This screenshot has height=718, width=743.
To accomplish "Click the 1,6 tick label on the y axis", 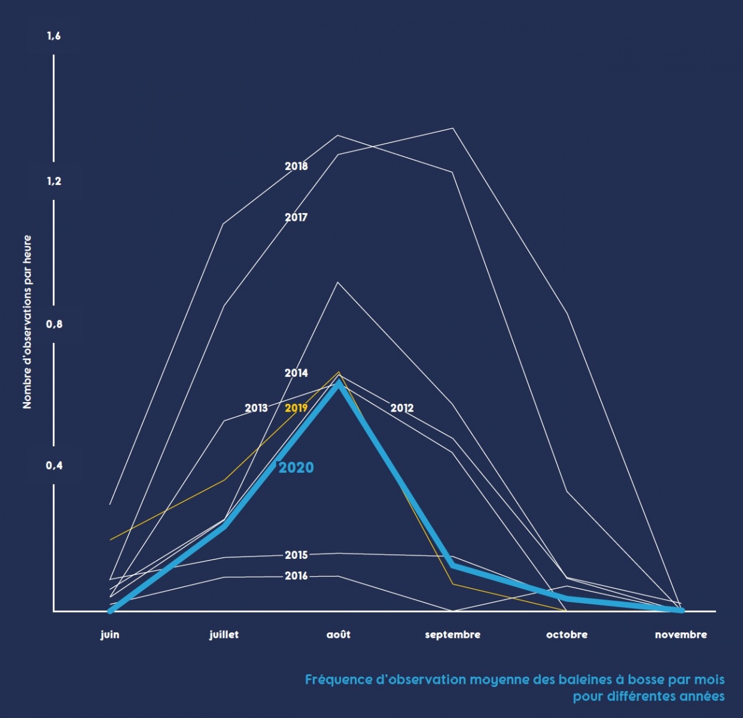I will pyautogui.click(x=54, y=36).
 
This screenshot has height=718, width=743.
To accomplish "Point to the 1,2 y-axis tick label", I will pyautogui.click(x=54, y=181).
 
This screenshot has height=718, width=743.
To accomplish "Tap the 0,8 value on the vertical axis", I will pyautogui.click(x=54, y=324).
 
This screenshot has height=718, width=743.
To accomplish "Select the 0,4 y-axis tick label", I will pyautogui.click(x=54, y=466).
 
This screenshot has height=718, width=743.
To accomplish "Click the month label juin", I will pyautogui.click(x=109, y=634).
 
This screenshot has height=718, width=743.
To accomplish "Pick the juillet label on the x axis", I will pyautogui.click(x=224, y=634).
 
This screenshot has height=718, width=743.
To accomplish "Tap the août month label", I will pyautogui.click(x=339, y=634).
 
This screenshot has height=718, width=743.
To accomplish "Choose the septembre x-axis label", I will pyautogui.click(x=452, y=634).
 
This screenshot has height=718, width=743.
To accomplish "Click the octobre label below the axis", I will pyautogui.click(x=567, y=634).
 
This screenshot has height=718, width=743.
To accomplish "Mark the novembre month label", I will pyautogui.click(x=681, y=634).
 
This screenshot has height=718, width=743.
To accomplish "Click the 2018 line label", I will pyautogui.click(x=296, y=166).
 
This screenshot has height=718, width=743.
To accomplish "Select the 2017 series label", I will pyautogui.click(x=296, y=217).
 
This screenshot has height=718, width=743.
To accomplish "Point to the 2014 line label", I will pyautogui.click(x=296, y=373).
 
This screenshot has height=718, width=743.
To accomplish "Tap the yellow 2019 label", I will pyautogui.click(x=296, y=408).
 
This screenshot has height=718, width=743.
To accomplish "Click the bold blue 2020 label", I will pyautogui.click(x=296, y=467).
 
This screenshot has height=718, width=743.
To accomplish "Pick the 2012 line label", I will pyautogui.click(x=402, y=408).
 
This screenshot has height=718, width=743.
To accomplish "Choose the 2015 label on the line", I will pyautogui.click(x=296, y=555).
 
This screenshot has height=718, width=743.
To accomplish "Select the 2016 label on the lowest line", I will pyautogui.click(x=296, y=576).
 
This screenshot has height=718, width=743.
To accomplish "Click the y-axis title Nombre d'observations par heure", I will pyautogui.click(x=27, y=322).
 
